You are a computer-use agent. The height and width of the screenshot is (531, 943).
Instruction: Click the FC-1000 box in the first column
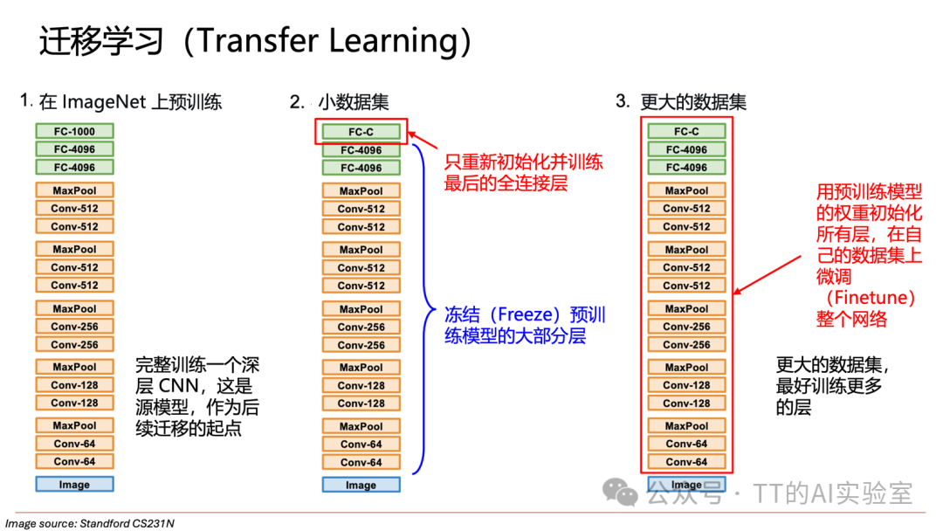pyautogui.click(x=75, y=132)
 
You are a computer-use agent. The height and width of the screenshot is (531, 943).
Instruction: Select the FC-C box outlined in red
pyautogui.click(x=361, y=132)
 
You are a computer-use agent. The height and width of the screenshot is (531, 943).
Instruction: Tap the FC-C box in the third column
pyautogui.click(x=686, y=132)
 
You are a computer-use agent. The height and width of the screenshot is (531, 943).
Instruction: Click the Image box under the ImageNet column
pyautogui.click(x=75, y=484)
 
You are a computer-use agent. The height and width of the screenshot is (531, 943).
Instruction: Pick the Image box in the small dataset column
pyautogui.click(x=361, y=485)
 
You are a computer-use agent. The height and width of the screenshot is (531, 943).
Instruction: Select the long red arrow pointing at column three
pyautogui.click(x=768, y=274)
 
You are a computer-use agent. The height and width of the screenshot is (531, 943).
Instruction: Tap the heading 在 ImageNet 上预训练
pyautogui.click(x=130, y=102)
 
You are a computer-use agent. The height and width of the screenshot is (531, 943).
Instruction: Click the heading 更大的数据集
pyautogui.click(x=693, y=102)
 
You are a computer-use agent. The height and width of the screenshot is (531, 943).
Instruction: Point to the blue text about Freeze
pyautogui.click(x=525, y=325)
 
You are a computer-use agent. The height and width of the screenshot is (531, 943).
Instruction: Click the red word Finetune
pyautogui.click(x=870, y=298)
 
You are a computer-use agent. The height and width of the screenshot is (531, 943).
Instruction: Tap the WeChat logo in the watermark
pyautogui.click(x=622, y=493)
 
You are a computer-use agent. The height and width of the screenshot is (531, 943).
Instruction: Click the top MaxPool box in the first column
pyautogui.click(x=75, y=190)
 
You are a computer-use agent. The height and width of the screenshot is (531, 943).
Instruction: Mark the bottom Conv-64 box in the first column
pyautogui.click(x=75, y=461)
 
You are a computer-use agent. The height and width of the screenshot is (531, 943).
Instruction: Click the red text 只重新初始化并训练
pyautogui.click(x=523, y=162)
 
